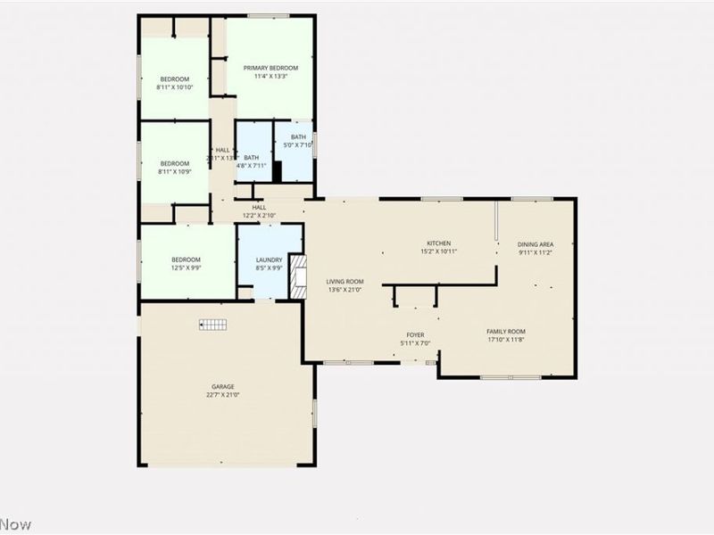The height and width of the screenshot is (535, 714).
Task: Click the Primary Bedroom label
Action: tap(270, 68)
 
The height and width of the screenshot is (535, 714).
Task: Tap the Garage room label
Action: tap(223, 386)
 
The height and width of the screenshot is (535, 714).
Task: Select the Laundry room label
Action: tap(269, 259)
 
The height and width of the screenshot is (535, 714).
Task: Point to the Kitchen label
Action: tap(438, 243)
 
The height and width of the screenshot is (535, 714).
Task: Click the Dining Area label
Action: tap(535, 244)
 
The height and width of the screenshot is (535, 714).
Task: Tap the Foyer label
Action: tap(416, 335)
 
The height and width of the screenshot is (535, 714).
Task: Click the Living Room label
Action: tap(345, 282)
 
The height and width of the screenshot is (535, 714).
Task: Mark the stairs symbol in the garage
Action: tap(214, 325)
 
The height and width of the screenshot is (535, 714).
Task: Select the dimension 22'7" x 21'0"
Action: tap(223, 394)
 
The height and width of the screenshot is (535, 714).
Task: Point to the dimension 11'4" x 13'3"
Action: tap(270, 76)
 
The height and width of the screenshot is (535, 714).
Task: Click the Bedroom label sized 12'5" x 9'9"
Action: tap(187, 259)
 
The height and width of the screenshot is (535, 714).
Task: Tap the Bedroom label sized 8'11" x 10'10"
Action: tap(174, 78)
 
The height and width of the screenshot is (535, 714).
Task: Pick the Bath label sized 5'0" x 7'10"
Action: tap(298, 136)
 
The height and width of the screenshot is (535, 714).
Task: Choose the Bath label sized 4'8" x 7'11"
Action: tap(252, 158)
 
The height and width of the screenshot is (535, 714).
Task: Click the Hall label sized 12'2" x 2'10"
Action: tap(259, 208)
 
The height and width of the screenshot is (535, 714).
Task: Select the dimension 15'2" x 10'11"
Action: tap(438, 251)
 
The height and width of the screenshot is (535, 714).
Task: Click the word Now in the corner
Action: tap(15, 524)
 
